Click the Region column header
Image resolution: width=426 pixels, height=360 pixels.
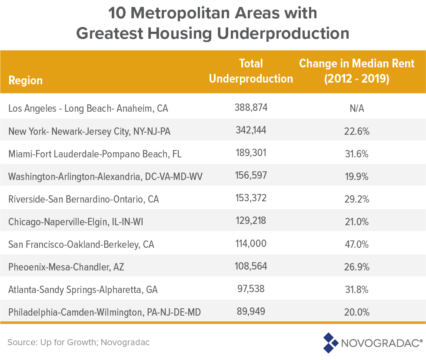pos(26,80)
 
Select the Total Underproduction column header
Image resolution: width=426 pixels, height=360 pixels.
pos(251,71)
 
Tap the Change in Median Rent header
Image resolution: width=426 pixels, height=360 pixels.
pos(356,71)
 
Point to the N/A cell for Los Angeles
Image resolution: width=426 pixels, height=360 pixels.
pos(356,108)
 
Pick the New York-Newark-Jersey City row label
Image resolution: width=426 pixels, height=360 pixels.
pos(90,131)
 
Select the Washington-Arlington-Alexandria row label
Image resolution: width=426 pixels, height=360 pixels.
pos(105,176)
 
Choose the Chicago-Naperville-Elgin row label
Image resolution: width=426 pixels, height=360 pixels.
pos(76,222)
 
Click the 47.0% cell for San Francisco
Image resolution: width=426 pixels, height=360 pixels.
pos(356,244)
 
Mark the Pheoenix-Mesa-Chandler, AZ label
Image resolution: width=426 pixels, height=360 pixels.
pos(66,267)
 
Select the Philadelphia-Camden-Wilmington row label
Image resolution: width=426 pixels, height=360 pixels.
pos(105,312)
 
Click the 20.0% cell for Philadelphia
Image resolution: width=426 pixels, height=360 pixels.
pos(356,312)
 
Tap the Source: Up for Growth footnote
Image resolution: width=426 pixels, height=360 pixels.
pos(79,342)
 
